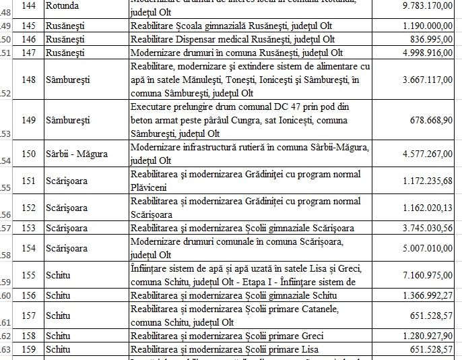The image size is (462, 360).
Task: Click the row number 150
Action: tap(29, 154)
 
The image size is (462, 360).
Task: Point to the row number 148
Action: tap(29, 80)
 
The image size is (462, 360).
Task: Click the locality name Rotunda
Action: tap(62, 5)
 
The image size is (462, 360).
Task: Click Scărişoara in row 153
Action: tap(66, 228)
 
